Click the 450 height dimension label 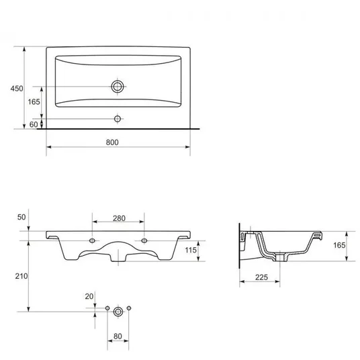[17, 89]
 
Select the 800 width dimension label [112, 142]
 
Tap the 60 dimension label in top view [34, 124]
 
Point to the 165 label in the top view [34, 101]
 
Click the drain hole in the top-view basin [118, 87]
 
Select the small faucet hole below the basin [118, 119]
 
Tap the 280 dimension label [119, 218]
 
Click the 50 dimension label [21, 217]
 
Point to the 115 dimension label [191, 250]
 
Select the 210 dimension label [21, 276]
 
